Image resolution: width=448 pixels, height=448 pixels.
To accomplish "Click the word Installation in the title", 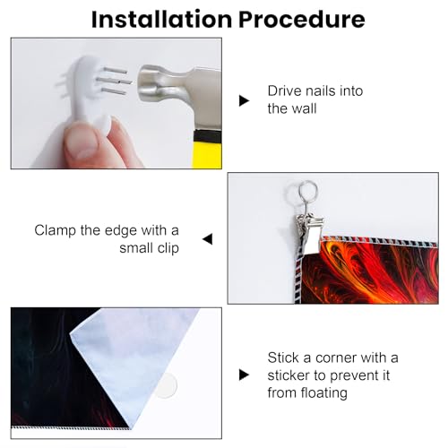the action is [161, 20].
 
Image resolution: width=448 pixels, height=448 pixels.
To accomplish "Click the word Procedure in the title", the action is [302, 20].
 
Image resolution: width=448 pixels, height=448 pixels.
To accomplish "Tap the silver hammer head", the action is [179, 87].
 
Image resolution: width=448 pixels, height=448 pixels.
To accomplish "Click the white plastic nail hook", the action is [90, 92].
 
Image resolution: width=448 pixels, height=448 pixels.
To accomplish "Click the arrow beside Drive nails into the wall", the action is [244, 100].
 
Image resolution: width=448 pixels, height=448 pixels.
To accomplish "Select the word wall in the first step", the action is [305, 108].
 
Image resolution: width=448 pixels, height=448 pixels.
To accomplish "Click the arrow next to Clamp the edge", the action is [208, 239].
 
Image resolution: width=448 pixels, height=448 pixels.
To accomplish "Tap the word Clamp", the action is [55, 231].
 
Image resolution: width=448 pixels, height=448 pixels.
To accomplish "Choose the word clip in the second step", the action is [168, 248].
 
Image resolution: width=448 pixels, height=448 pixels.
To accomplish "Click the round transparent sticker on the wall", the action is [167, 385].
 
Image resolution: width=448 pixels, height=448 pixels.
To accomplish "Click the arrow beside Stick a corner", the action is [244, 375].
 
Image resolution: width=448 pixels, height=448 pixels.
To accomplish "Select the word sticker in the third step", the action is [289, 375].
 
